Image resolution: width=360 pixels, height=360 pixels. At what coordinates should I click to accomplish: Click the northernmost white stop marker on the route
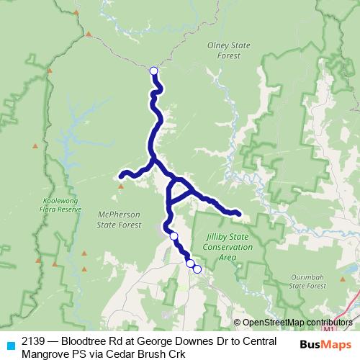point(153,71)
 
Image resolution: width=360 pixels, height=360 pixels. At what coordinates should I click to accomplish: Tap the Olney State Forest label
point(228,50)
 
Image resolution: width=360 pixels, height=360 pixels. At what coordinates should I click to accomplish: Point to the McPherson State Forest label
point(119,219)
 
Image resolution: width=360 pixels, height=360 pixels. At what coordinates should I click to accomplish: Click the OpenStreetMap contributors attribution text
point(297,322)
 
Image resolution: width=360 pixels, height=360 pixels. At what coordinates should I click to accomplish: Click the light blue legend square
point(10,343)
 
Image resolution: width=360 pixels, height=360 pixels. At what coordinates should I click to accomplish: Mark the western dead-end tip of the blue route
point(122,174)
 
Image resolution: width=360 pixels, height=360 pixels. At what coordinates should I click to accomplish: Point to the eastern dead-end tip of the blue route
point(238,212)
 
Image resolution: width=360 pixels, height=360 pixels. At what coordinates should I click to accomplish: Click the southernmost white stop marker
point(197,269)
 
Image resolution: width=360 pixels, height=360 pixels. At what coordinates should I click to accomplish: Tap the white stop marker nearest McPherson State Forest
point(174,235)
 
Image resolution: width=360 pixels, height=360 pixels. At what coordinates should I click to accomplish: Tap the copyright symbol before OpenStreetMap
point(238,322)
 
